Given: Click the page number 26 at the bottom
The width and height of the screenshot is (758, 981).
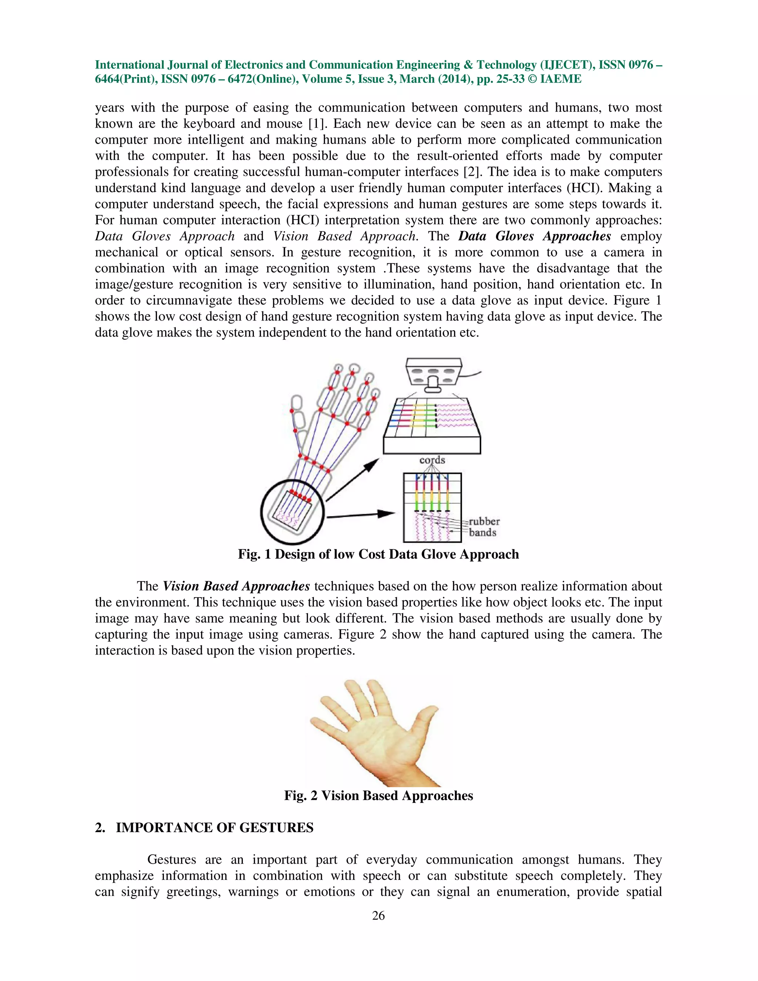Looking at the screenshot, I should tap(378, 915).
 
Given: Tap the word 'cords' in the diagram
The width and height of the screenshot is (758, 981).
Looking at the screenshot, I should tap(432, 460).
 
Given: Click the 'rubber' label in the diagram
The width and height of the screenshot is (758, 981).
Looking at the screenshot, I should tap(484, 522).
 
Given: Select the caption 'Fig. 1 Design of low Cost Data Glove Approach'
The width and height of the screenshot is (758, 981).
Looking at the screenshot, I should tap(378, 554).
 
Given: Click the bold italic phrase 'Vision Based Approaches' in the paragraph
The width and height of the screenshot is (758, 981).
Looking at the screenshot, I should tap(236, 586).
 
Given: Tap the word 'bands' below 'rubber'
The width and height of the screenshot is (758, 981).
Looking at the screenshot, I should tap(482, 533).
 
